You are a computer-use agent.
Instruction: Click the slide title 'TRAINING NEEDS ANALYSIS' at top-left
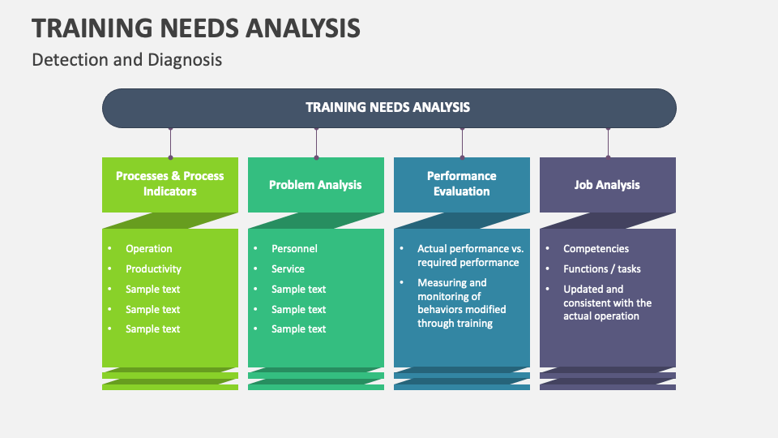point(196,28)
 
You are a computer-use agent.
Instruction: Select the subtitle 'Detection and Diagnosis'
point(126,60)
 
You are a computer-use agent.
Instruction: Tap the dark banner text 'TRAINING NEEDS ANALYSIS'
point(387,107)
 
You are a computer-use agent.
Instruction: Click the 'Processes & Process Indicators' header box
point(170,183)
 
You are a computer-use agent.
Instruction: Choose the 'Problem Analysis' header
point(315,185)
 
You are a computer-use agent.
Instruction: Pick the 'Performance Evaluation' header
point(461,183)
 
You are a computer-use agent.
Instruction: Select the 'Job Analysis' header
point(607,185)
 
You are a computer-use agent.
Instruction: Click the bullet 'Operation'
point(149,249)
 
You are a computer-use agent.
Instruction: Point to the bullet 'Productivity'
point(153,269)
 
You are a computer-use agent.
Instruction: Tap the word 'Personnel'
point(294,249)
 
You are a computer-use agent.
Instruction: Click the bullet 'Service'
point(288,269)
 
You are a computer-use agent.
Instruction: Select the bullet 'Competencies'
point(596,249)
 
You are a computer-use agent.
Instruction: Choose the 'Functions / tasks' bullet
point(601,269)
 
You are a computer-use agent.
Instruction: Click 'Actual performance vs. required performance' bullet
point(470,255)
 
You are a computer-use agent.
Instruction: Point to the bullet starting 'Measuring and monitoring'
point(461,303)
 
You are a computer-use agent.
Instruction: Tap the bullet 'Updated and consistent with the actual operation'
point(606,303)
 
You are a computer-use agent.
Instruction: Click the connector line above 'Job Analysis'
point(608,142)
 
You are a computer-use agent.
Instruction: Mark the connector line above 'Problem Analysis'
point(316,142)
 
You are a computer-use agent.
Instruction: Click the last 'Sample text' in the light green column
point(152,329)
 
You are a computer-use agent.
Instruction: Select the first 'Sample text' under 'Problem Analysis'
point(298,290)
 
